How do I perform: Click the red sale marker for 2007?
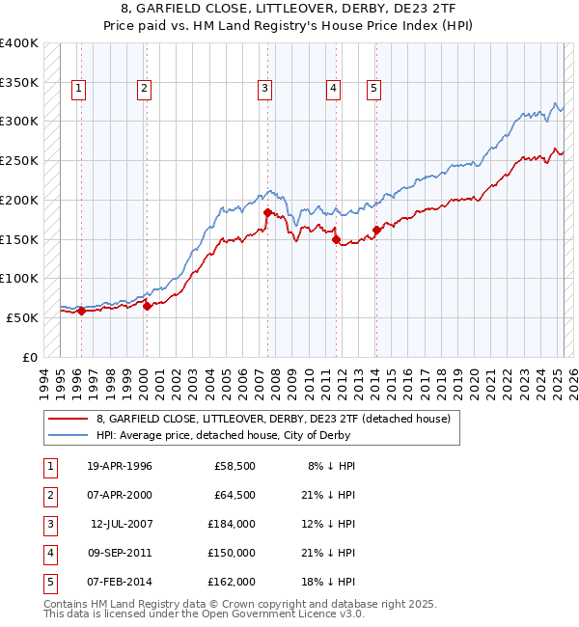pyautogui.click(x=267, y=211)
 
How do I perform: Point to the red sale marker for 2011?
pyautogui.click(x=337, y=240)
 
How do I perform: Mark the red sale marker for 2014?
pyautogui.click(x=376, y=230)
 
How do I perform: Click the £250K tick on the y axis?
pyautogui.click(x=19, y=160)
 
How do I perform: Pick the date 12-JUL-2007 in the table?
pyautogui.click(x=121, y=524)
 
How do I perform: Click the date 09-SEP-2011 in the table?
pyautogui.click(x=120, y=553)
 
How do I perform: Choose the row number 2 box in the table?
pyautogui.click(x=48, y=495)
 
